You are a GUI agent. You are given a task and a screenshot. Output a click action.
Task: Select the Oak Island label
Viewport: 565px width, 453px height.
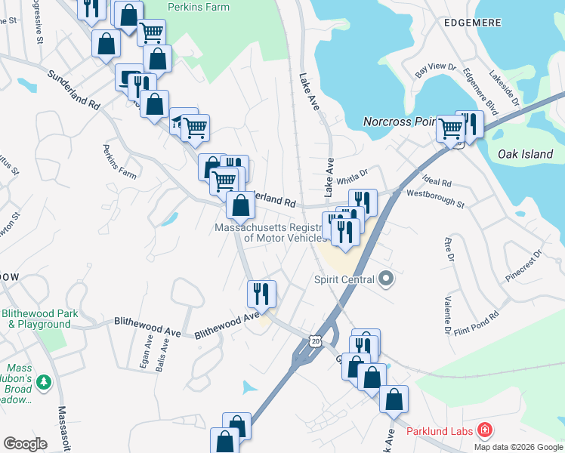(x=525, y=154)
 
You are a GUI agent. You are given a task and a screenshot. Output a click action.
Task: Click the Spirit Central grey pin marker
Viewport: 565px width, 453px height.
(x=386, y=279)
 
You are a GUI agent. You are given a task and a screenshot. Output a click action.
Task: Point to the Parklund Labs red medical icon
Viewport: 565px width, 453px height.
(x=484, y=431)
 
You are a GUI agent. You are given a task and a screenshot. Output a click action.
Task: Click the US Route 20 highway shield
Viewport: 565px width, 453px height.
(x=316, y=341)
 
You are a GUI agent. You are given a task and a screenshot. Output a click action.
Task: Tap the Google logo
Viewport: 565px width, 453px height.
(x=25, y=444)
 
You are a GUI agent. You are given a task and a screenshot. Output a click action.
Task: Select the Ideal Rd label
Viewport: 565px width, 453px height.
(x=437, y=183)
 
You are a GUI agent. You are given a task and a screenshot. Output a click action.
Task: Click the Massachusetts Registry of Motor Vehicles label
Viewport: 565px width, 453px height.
(x=274, y=233)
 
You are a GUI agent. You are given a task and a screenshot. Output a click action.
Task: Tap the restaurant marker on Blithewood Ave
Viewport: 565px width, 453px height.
(x=262, y=293)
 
